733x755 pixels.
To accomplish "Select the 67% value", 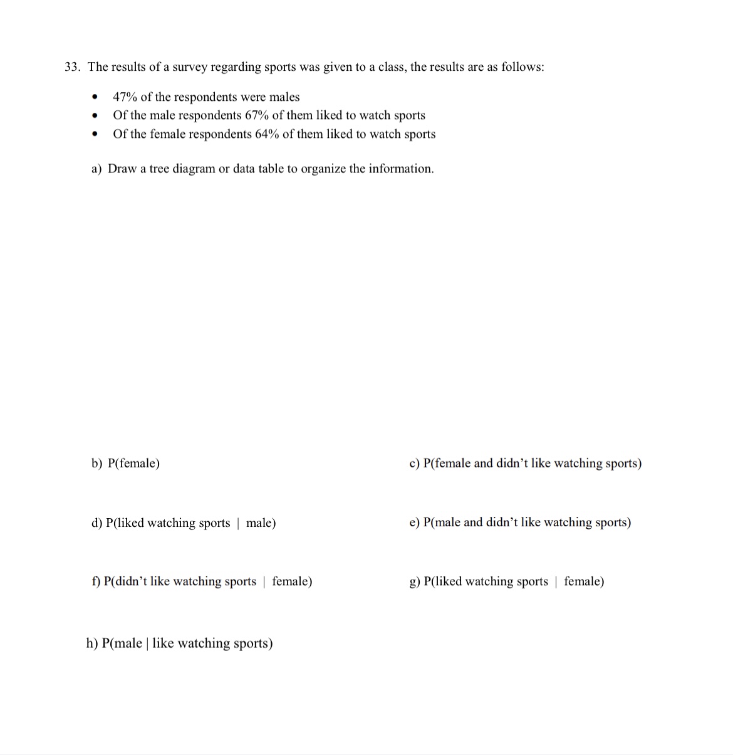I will pyautogui.click(x=256, y=115).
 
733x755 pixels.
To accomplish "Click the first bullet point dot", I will pyautogui.click(x=95, y=97).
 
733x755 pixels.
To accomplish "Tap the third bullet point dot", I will pyautogui.click(x=95, y=134).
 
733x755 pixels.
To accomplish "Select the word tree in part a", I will pyautogui.click(x=159, y=169).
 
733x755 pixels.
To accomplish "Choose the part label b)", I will pyautogui.click(x=97, y=464).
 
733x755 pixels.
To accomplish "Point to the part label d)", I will pyautogui.click(x=97, y=523).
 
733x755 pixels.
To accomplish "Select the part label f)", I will pyautogui.click(x=96, y=581).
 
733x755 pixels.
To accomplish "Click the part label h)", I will pyautogui.click(x=92, y=643).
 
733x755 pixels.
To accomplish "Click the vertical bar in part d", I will pyautogui.click(x=238, y=523).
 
